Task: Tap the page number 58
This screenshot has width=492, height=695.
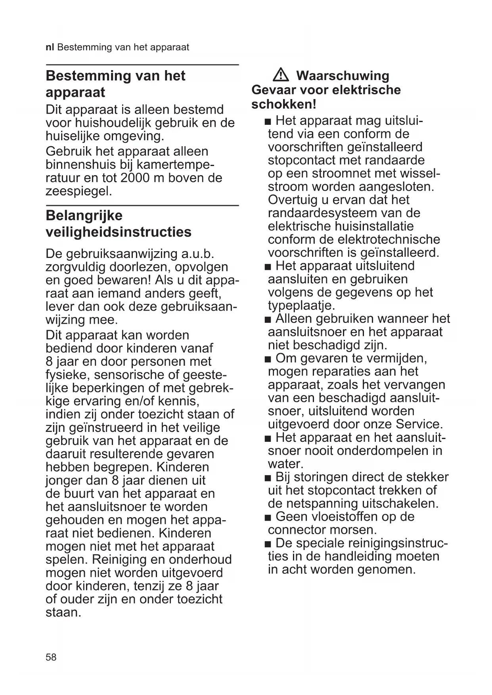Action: pyautogui.click(x=51, y=657)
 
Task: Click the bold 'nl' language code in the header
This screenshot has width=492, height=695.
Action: pyautogui.click(x=50, y=48)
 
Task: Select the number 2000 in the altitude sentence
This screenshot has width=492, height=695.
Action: pyautogui.click(x=135, y=178)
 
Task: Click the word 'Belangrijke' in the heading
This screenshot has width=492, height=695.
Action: pyautogui.click(x=84, y=216)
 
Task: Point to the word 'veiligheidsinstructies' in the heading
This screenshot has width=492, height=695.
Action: pyautogui.click(x=118, y=232)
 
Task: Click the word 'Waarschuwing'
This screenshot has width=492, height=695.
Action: pyautogui.click(x=343, y=75)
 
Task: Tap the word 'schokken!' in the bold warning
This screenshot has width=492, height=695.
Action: pyautogui.click(x=283, y=105)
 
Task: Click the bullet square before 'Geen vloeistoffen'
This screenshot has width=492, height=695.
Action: pyautogui.click(x=268, y=517)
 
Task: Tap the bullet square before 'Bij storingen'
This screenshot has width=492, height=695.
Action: pyautogui.click(x=268, y=478)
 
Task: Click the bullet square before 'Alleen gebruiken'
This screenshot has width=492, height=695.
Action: pyautogui.click(x=268, y=319)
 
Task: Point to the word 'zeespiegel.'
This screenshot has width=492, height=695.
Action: pyautogui.click(x=79, y=191)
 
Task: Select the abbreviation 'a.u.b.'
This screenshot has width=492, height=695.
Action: pyautogui.click(x=197, y=254)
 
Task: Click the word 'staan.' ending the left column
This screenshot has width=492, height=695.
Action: pyautogui.click(x=63, y=613)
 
